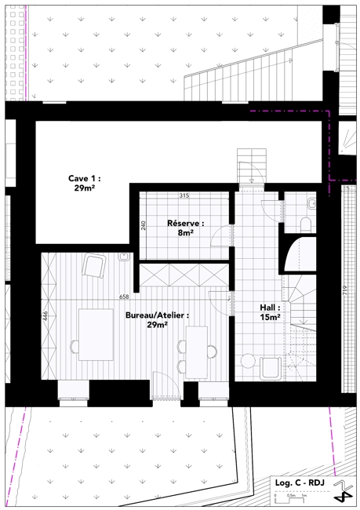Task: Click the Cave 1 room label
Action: click(84, 183)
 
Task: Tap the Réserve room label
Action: click(186, 228)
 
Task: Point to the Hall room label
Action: click(270, 312)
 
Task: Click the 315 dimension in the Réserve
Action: click(184, 196)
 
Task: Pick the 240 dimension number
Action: click(144, 225)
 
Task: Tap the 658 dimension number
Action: click(124, 297)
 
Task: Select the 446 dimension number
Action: click(45, 316)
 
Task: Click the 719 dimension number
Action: click(345, 290)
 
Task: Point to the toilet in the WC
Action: click(306, 224)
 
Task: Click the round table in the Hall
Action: click(248, 361)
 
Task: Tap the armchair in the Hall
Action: click(271, 368)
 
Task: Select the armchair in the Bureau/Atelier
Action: click(94, 266)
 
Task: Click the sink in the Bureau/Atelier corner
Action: click(124, 257)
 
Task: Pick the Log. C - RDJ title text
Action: click(300, 483)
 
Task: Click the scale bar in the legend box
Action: click(290, 497)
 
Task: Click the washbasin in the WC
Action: click(311, 203)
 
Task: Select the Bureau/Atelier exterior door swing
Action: click(167, 384)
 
